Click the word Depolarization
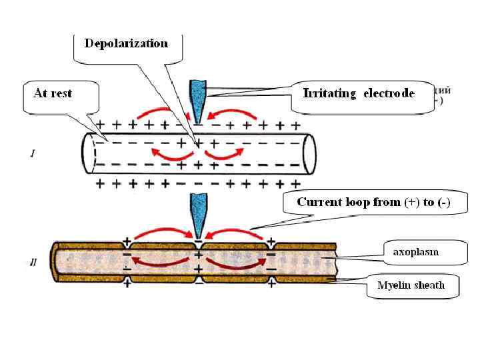126,43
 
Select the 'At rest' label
53,93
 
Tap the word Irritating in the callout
330,93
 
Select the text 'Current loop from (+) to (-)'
373,202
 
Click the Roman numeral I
33,154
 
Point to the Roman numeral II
33,263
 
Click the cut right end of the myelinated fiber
337,264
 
